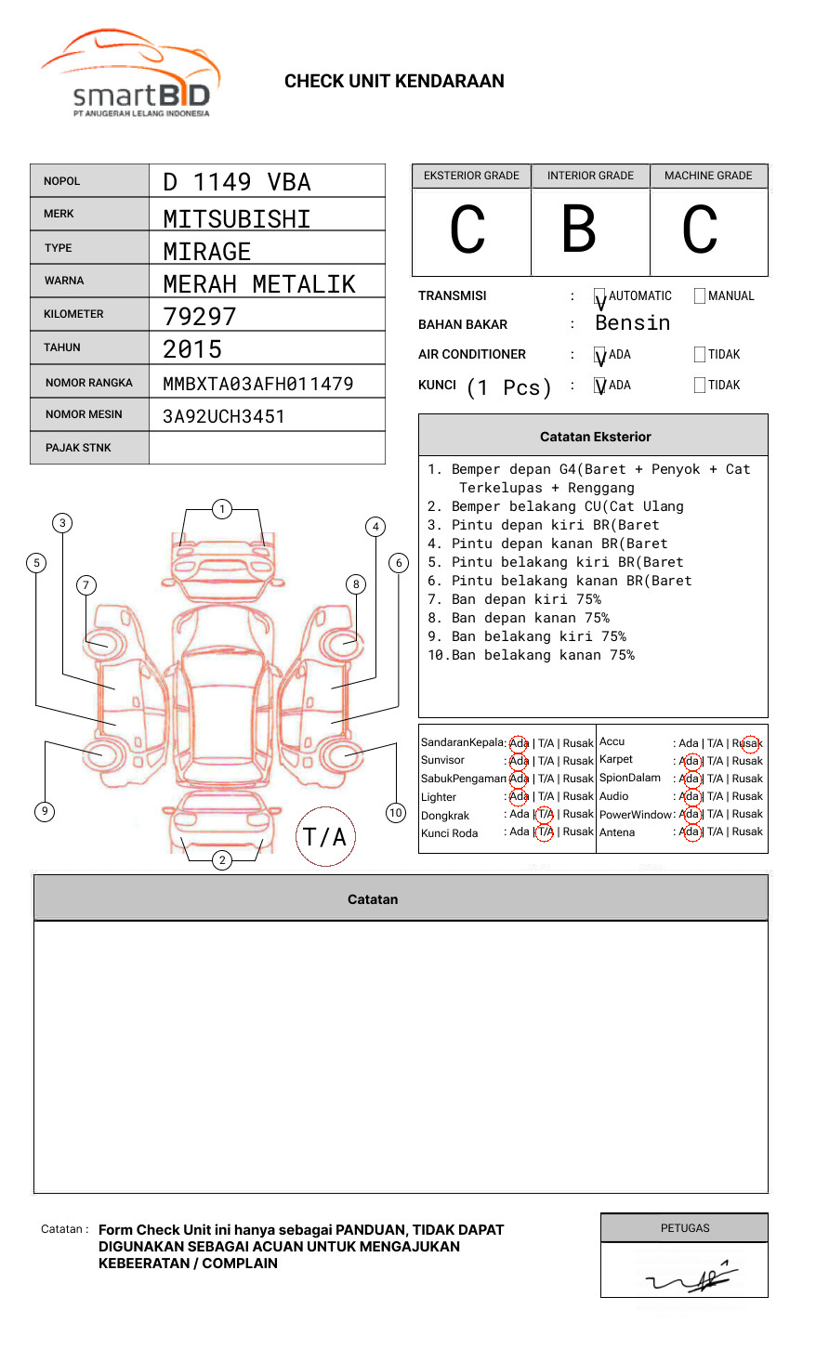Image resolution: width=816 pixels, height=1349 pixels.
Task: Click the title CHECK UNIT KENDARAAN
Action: coord(394,82)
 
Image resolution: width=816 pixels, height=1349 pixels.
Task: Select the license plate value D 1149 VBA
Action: coord(237,182)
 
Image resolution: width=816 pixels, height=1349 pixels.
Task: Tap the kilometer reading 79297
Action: coord(200,317)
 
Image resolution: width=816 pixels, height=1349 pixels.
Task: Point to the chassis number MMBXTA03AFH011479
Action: coord(258,384)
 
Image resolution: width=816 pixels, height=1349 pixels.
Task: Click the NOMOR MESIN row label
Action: coord(84,414)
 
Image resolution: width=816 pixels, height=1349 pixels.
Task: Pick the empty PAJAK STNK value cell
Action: coord(267,448)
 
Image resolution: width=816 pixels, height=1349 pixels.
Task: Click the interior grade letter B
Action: coord(579,229)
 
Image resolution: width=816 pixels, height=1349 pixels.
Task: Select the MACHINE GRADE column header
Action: coord(708,176)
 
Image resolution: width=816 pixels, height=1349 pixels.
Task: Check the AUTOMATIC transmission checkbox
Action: coord(600,296)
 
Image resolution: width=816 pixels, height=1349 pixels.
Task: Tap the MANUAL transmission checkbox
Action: coord(700,296)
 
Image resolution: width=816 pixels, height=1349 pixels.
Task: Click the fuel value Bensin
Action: coord(632,323)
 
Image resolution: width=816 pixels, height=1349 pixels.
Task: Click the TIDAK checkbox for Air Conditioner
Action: coord(700,355)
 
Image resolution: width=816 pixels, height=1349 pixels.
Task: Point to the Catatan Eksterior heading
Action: coord(595,437)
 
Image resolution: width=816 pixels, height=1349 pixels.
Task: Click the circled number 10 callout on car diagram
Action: coord(396,813)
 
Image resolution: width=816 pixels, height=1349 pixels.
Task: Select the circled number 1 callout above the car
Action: coord(221,509)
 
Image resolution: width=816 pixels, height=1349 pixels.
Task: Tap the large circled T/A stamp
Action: coord(325,837)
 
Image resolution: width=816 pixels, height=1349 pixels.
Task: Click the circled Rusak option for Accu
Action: coord(749,743)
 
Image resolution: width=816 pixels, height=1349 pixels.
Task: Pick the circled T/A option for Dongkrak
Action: coord(545,814)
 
